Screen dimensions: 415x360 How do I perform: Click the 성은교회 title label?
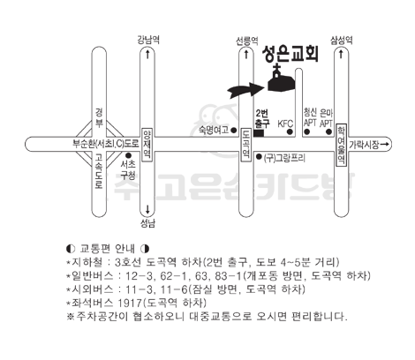(x=290, y=54)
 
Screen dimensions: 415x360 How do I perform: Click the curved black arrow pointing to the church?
(x=245, y=89)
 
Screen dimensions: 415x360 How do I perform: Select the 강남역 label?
(x=148, y=40)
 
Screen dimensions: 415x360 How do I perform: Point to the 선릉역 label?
(x=247, y=41)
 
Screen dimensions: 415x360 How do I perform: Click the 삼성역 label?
(x=342, y=40)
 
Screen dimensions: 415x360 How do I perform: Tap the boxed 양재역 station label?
(x=147, y=145)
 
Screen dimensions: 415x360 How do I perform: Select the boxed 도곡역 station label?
(x=246, y=145)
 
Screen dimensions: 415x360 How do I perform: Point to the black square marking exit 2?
(x=259, y=133)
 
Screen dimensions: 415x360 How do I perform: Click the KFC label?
(x=285, y=124)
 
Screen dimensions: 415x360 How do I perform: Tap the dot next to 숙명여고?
(x=234, y=130)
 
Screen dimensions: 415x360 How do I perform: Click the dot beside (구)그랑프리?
(x=259, y=157)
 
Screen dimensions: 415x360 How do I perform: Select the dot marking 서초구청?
(x=128, y=155)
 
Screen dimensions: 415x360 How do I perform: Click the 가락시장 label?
(x=364, y=145)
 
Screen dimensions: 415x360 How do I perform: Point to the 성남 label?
(x=147, y=224)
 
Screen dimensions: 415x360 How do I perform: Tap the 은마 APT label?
(x=326, y=118)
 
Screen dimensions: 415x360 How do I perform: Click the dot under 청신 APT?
(x=307, y=132)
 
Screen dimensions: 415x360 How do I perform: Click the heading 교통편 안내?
(x=108, y=249)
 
